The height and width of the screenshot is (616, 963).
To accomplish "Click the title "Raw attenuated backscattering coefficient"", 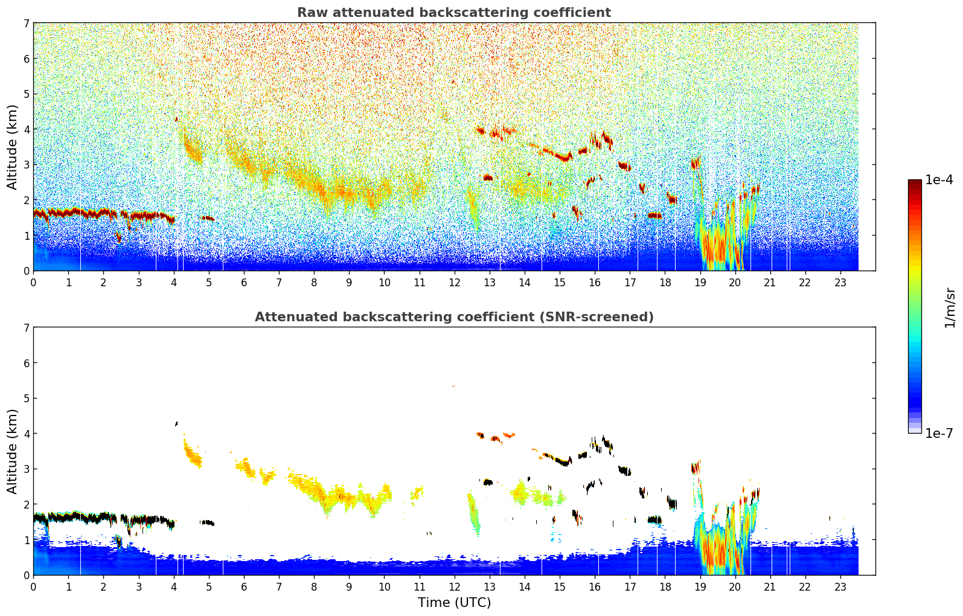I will (x=453, y=13).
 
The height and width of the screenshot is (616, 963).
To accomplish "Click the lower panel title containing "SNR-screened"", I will (x=453, y=317).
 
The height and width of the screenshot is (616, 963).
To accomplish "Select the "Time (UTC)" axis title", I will (x=454, y=602).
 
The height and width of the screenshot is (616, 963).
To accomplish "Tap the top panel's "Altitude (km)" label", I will (x=12, y=147).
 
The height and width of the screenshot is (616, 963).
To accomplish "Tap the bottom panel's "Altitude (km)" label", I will (x=12, y=451).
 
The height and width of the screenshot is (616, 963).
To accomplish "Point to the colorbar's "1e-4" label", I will (x=939, y=180).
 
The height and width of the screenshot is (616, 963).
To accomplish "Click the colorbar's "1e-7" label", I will (x=939, y=433).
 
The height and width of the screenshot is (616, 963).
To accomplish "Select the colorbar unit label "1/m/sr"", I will (x=949, y=308).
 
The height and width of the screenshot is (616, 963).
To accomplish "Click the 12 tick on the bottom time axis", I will (x=454, y=586).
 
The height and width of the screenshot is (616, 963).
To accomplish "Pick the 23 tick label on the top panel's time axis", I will (x=840, y=282).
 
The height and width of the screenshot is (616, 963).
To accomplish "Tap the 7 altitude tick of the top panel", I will (x=27, y=23).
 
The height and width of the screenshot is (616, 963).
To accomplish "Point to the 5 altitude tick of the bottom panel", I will (x=27, y=398).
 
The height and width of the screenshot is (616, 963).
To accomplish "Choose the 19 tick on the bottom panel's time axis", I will (x=700, y=586).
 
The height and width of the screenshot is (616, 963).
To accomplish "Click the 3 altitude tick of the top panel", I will (x=27, y=164).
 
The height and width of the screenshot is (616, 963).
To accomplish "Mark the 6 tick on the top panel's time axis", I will (x=244, y=282).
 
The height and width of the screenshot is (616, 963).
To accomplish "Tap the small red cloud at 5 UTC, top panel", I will (x=208, y=218).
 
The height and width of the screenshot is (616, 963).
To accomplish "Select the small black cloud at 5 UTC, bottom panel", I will (x=208, y=522).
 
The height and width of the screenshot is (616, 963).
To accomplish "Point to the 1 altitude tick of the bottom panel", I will (x=27, y=539).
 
